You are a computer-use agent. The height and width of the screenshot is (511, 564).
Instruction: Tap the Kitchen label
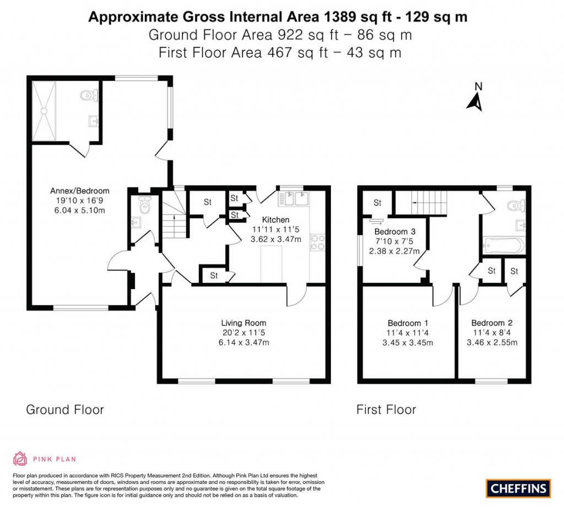tap(275, 220)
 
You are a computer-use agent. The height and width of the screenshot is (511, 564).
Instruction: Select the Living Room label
tap(243, 323)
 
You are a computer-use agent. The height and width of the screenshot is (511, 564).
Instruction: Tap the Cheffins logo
tap(518, 488)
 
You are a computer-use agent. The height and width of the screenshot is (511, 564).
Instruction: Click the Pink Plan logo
tap(44, 459)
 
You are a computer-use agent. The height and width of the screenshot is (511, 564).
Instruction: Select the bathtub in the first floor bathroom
tap(504, 245)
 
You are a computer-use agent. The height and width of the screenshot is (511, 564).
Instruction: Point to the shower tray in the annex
tap(44, 111)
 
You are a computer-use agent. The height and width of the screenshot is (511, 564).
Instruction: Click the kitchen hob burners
tap(319, 243)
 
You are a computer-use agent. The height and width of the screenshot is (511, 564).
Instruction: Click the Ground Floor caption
tap(65, 410)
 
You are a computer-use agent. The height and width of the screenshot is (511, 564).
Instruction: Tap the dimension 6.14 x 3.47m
tap(243, 343)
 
